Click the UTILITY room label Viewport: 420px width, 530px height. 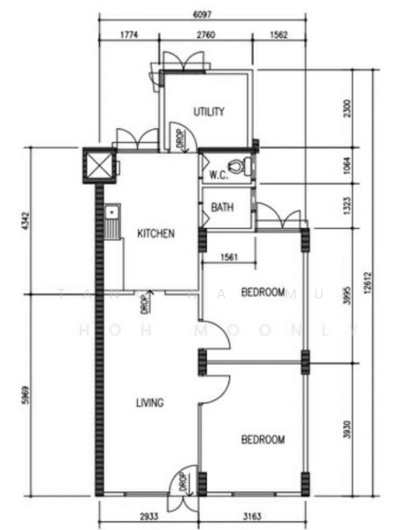(x=209, y=112)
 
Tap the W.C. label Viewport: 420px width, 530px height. (x=219, y=175)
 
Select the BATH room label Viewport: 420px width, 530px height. (x=222, y=208)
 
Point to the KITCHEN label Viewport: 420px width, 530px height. (x=156, y=234)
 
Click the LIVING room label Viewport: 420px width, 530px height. (x=149, y=403)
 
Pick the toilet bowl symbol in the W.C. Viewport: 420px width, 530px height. (x=236, y=165)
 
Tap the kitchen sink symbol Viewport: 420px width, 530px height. (x=111, y=223)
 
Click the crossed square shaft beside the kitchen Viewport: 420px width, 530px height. (x=95, y=164)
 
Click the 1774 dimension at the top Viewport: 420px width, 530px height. (x=129, y=36)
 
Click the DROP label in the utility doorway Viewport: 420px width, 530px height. (x=179, y=140)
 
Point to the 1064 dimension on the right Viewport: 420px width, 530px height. (x=347, y=165)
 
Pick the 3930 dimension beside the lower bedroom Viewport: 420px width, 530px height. (x=347, y=430)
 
